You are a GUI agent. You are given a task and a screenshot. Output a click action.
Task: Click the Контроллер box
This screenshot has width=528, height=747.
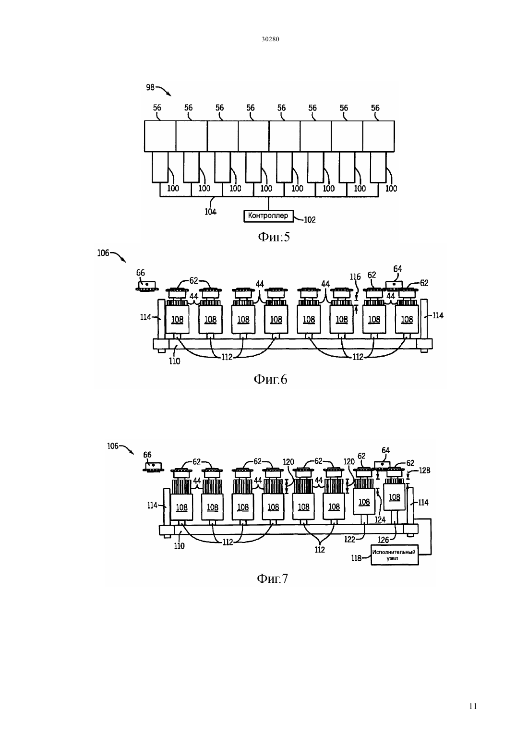268,216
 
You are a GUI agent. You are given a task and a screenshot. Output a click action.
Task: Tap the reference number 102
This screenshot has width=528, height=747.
310,220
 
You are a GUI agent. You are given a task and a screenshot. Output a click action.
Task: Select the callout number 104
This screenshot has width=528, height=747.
210,212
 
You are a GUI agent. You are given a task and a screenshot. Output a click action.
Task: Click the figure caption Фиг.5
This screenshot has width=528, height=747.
274,237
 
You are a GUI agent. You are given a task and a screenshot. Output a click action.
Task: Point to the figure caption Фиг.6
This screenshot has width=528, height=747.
270,380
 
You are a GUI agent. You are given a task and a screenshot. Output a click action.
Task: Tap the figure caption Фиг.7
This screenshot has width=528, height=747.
272,578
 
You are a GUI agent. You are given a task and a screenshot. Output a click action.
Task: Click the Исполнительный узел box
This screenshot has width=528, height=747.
395,555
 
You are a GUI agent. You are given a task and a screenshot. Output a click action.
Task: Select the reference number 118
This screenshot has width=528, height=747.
356,558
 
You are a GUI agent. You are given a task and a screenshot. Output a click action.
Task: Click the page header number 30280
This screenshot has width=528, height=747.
270,39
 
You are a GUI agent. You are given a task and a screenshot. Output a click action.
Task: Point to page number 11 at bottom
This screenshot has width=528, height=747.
473,706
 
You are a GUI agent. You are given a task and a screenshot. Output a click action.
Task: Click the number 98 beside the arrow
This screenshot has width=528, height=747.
150,87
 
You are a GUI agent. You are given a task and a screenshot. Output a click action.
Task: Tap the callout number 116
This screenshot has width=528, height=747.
355,277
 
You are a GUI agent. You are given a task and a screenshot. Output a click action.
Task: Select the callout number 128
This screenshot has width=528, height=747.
424,470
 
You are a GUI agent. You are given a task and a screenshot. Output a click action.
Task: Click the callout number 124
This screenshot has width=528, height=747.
380,519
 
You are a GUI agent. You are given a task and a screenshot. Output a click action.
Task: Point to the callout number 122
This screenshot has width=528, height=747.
349,540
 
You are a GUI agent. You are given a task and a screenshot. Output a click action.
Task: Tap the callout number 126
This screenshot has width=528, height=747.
384,540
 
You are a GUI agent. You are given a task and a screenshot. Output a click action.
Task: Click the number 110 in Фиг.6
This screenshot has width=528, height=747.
175,361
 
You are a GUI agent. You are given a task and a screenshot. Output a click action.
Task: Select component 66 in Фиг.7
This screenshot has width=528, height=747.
153,466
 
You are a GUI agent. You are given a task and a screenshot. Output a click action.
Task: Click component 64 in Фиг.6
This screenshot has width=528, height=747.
394,285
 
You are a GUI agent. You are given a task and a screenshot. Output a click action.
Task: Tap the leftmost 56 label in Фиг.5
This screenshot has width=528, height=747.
157,108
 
